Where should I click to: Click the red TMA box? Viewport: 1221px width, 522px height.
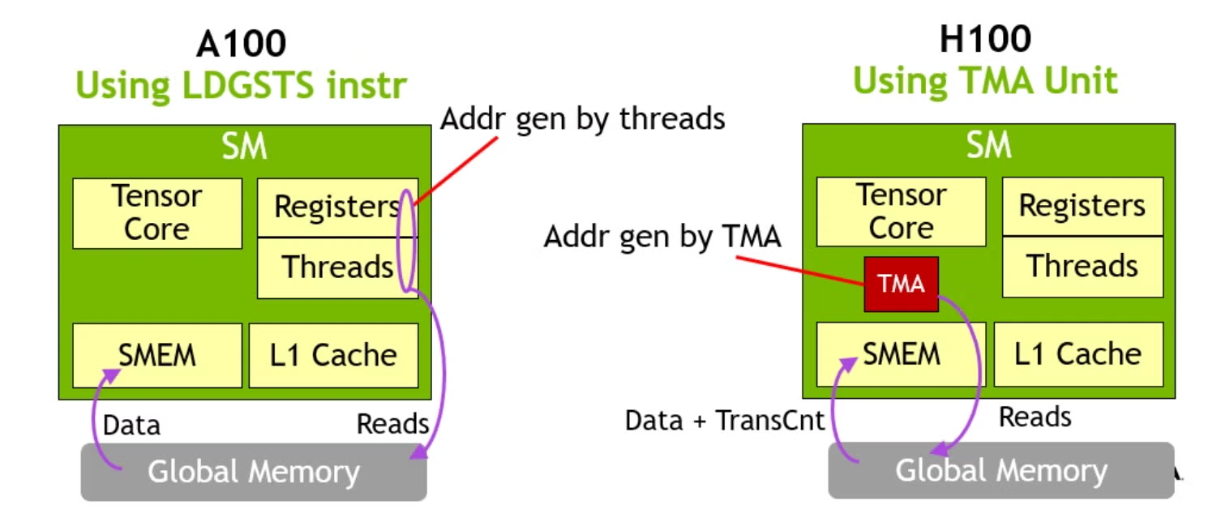tap(901, 284)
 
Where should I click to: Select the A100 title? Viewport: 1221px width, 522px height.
tap(241, 44)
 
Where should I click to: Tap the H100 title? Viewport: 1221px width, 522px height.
tap(986, 39)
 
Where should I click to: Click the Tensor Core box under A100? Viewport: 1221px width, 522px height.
tap(157, 214)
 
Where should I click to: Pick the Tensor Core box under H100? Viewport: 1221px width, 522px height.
tap(902, 212)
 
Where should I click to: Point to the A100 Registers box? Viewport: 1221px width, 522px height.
tap(338, 208)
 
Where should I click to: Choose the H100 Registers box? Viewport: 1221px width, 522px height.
tap(1083, 207)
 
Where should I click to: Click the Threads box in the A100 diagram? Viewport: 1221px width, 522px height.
tap(338, 268)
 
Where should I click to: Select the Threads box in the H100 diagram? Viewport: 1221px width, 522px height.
tap(1083, 267)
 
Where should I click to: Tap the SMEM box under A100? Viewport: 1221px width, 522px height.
tap(157, 356)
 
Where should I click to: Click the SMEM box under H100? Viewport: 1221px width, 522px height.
tap(902, 355)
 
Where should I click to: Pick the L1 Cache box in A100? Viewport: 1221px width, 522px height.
tap(333, 356)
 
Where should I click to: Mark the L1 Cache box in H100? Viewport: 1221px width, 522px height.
tap(1079, 355)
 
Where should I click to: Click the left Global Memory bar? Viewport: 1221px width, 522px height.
tap(254, 472)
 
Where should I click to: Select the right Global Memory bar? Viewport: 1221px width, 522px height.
tap(1001, 471)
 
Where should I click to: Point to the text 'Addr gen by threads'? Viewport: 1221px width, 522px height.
tap(583, 119)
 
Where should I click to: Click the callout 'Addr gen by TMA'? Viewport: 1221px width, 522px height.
tap(662, 237)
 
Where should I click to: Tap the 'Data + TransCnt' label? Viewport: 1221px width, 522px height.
tap(725, 421)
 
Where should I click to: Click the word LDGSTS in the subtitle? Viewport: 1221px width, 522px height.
tap(248, 85)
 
